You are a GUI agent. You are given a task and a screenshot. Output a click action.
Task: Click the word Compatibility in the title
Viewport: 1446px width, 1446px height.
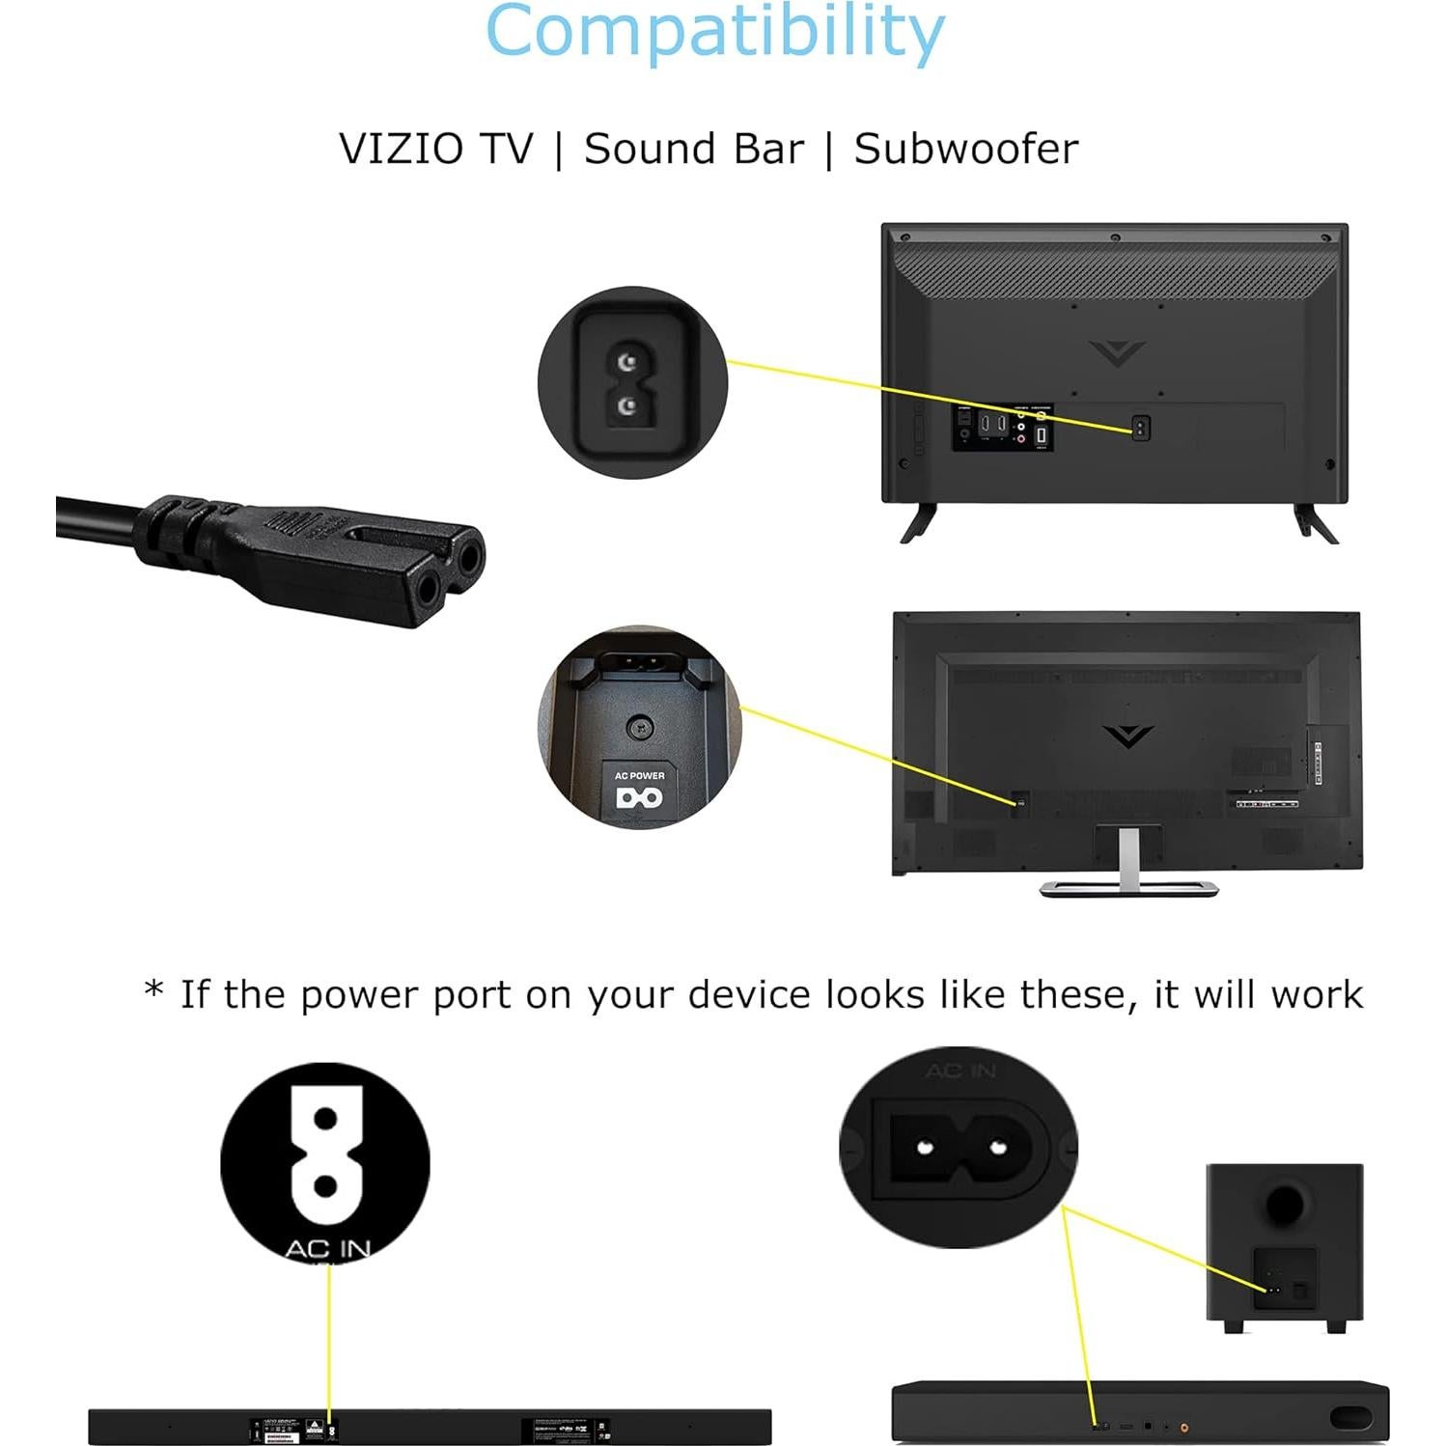(714, 33)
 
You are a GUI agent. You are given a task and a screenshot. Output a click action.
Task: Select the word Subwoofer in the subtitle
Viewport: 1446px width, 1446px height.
(966, 150)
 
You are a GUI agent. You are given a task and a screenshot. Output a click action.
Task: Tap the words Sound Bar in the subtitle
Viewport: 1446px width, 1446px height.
(693, 150)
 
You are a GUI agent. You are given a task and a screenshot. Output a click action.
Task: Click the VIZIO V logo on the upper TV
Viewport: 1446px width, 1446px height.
(1117, 352)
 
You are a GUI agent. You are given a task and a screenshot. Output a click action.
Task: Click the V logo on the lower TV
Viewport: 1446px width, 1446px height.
(1126, 737)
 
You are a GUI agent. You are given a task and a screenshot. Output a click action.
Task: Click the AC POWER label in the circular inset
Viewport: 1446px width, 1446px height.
(639, 775)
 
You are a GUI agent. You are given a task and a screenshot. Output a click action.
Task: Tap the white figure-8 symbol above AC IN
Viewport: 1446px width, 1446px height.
(326, 1154)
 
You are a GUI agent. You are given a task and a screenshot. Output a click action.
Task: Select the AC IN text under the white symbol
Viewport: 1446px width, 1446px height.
(327, 1248)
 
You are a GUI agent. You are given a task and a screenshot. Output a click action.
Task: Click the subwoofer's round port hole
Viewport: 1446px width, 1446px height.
(1283, 1204)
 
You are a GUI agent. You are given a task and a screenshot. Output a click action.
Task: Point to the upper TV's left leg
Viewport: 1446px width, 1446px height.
(918, 521)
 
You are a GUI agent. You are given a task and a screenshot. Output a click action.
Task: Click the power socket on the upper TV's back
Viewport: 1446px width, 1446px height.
(1140, 428)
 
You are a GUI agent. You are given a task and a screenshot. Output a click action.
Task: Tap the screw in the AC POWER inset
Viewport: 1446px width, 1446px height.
(639, 727)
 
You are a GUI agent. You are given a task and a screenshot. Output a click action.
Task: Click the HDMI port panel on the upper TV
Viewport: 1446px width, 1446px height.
(992, 425)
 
